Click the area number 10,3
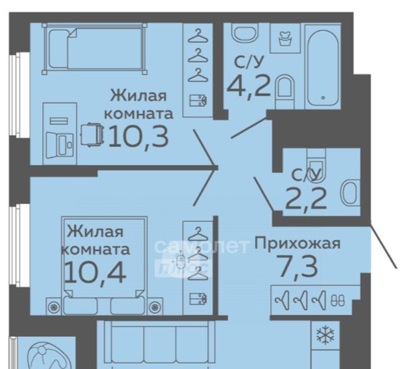click(139, 137)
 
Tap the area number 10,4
click(95, 273)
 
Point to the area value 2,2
click(306, 199)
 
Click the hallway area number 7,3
click(298, 267)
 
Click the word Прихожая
click(298, 243)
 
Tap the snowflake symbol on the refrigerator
click(325, 335)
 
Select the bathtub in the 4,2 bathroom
click(323, 67)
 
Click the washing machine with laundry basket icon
click(285, 38)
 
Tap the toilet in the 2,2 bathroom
click(316, 164)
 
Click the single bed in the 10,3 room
click(95, 49)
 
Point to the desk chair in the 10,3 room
click(92, 135)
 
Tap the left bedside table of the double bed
click(54, 306)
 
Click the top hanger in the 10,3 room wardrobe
click(198, 36)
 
